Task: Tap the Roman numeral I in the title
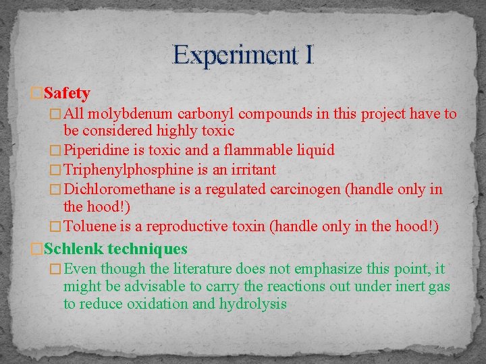tap(308, 55)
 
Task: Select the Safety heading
tap(67, 92)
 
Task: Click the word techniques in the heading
tap(147, 249)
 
